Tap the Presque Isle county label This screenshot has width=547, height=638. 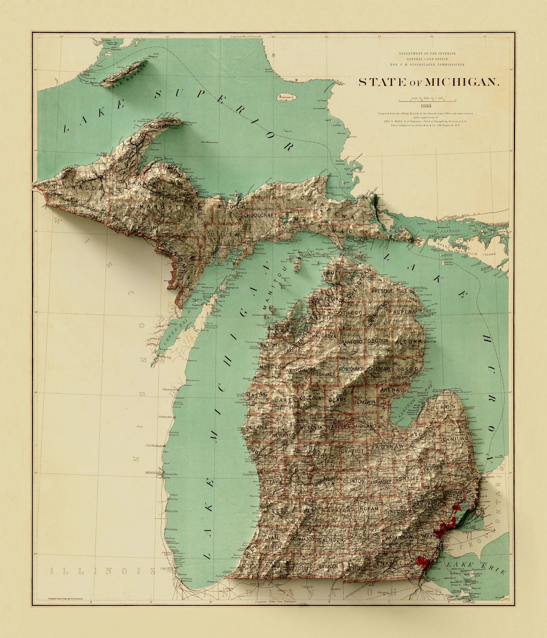389,291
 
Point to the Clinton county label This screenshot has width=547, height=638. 354,480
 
